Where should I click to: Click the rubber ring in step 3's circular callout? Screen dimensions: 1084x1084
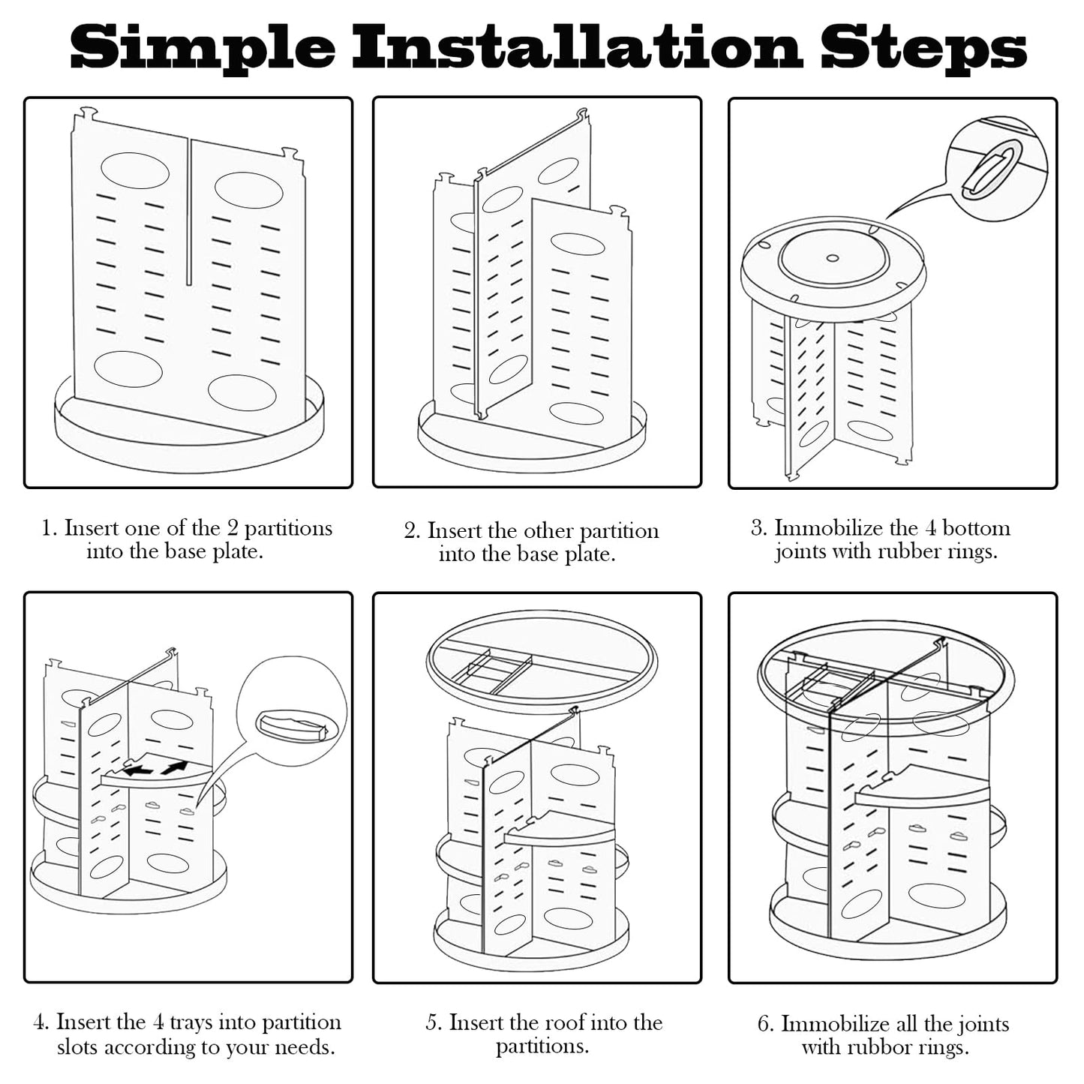983,175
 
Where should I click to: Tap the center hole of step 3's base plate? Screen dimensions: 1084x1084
833,259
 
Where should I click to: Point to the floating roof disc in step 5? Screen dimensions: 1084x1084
542,664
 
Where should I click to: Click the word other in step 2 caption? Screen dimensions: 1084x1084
549,531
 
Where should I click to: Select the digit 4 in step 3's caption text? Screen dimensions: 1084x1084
930,529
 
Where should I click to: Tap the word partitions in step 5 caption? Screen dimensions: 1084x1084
542,1047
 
